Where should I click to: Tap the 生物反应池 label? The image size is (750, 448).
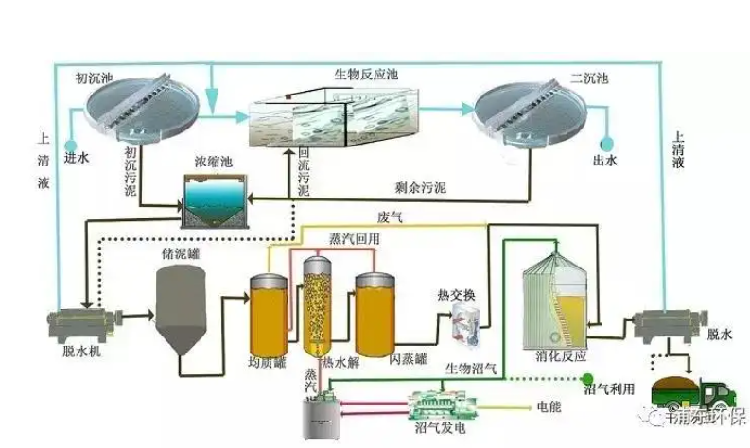coord(363,73)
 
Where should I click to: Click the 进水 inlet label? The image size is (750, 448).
coord(76,156)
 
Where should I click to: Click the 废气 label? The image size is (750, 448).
coord(390,216)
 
